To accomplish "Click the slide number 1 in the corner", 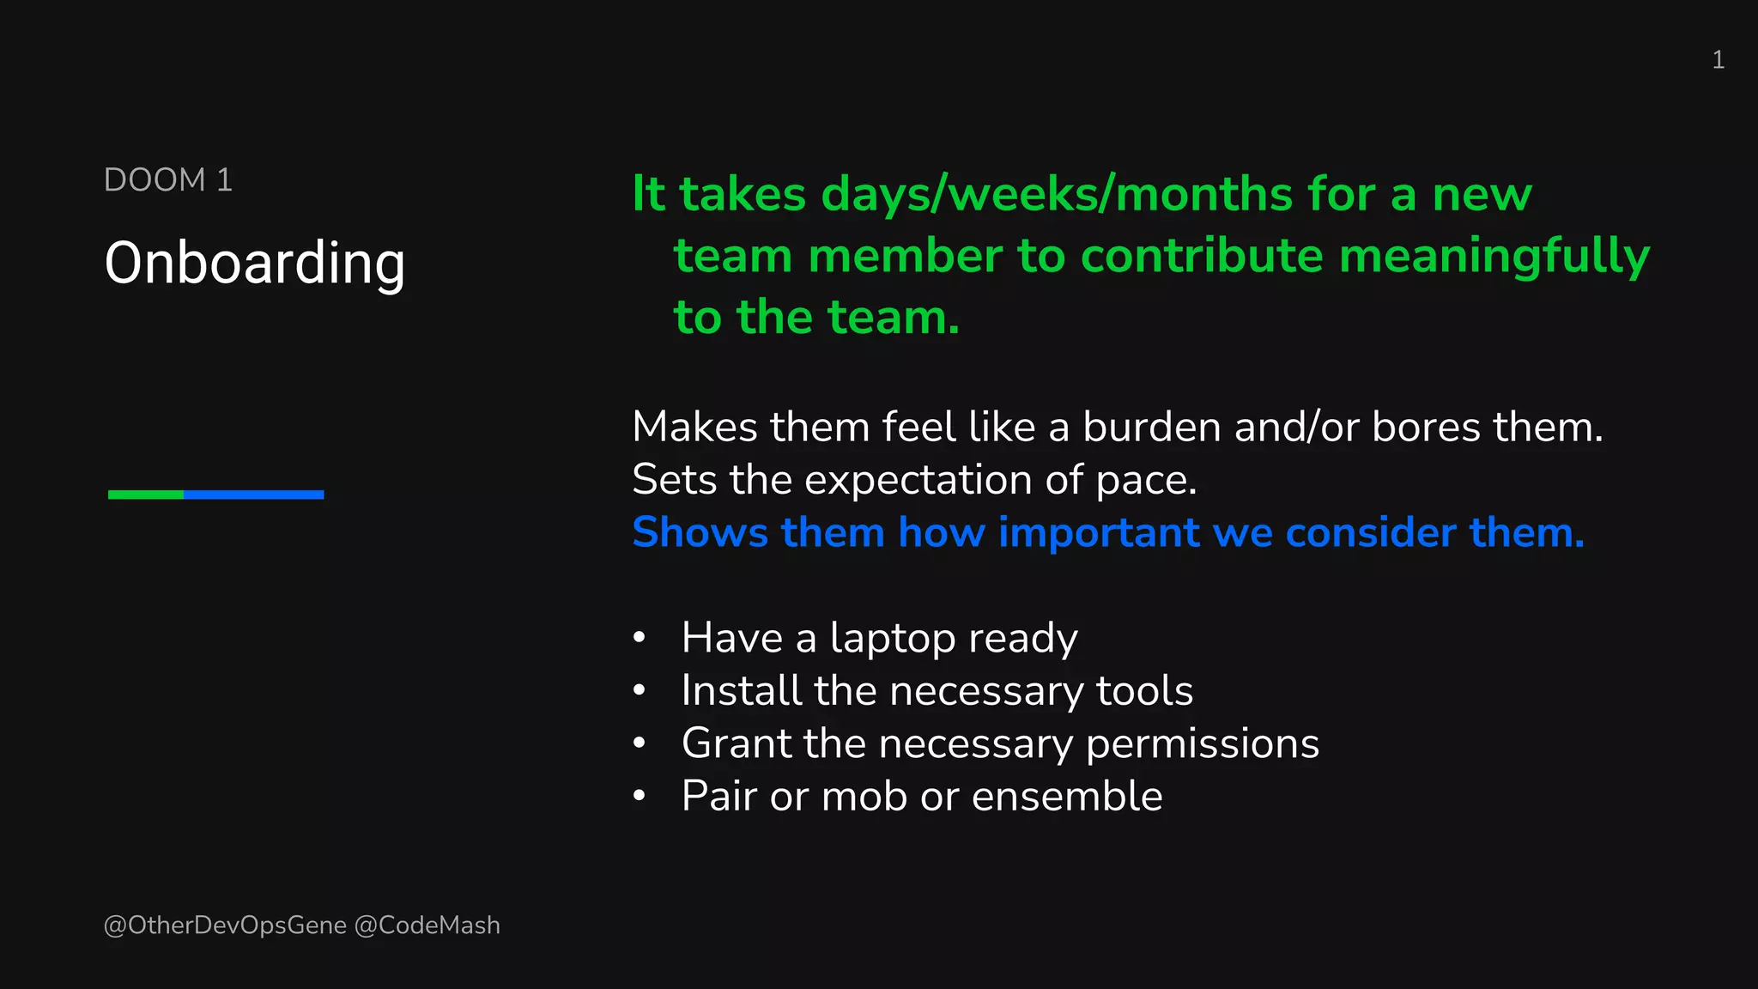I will pyautogui.click(x=1718, y=60).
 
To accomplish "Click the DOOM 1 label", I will pyautogui.click(x=168, y=180).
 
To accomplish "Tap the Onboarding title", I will pyautogui.click(x=254, y=263).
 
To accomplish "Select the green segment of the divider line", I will pyautogui.click(x=146, y=494).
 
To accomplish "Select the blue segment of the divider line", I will pyautogui.click(x=254, y=494).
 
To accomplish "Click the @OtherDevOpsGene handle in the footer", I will pyautogui.click(x=225, y=925).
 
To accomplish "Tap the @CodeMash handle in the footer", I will pyautogui.click(x=427, y=925).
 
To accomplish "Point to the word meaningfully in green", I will pyautogui.click(x=1494, y=256).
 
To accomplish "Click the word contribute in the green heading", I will pyautogui.click(x=1202, y=256).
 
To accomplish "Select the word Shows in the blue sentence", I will pyautogui.click(x=700, y=532).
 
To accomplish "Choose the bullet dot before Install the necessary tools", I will pyautogui.click(x=639, y=690).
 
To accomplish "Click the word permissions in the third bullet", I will pyautogui.click(x=1202, y=744).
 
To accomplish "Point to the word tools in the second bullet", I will pyautogui.click(x=1144, y=691).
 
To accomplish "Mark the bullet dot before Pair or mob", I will pyautogui.click(x=639, y=796).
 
